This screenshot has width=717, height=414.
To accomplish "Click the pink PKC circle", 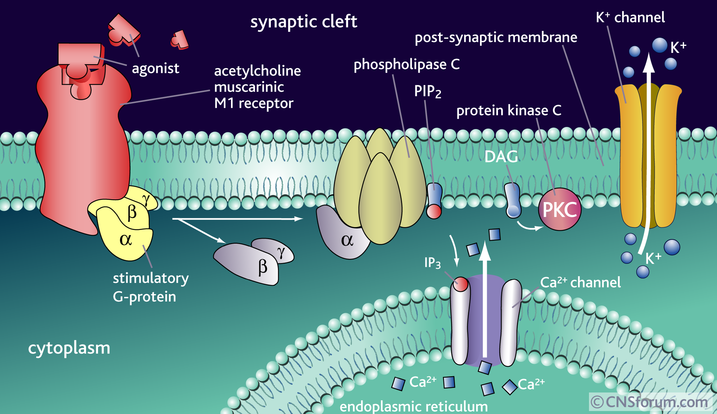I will pyautogui.click(x=559, y=209).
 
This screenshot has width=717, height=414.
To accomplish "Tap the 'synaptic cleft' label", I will pyautogui.click(x=304, y=22).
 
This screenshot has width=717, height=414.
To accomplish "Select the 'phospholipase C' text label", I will pyautogui.click(x=406, y=65).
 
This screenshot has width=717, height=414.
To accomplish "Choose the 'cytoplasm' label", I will pyautogui.click(x=69, y=348).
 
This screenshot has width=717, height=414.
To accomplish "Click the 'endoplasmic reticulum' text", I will pyautogui.click(x=413, y=406).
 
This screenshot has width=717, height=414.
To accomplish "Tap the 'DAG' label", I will pyautogui.click(x=501, y=157).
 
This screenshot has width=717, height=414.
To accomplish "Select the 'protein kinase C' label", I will pyautogui.click(x=509, y=111).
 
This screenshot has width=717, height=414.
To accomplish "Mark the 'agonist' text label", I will pyautogui.click(x=156, y=68).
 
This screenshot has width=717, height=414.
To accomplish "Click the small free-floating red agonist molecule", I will pyautogui.click(x=180, y=39).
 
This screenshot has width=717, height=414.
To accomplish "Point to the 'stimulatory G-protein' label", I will pyautogui.click(x=151, y=287).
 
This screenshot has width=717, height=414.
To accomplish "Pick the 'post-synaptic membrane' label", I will pyautogui.click(x=496, y=37).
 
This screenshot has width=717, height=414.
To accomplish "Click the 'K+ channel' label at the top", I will pyautogui.click(x=630, y=17).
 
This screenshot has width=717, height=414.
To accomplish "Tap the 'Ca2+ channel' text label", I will pyautogui.click(x=580, y=282).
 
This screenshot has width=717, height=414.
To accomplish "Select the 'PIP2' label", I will pyautogui.click(x=427, y=91).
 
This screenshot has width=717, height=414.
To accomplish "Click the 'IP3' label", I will pyautogui.click(x=432, y=263).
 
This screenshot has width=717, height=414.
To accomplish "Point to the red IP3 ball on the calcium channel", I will pyautogui.click(x=461, y=284).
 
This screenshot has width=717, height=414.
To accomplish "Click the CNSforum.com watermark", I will pyautogui.click(x=649, y=402).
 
